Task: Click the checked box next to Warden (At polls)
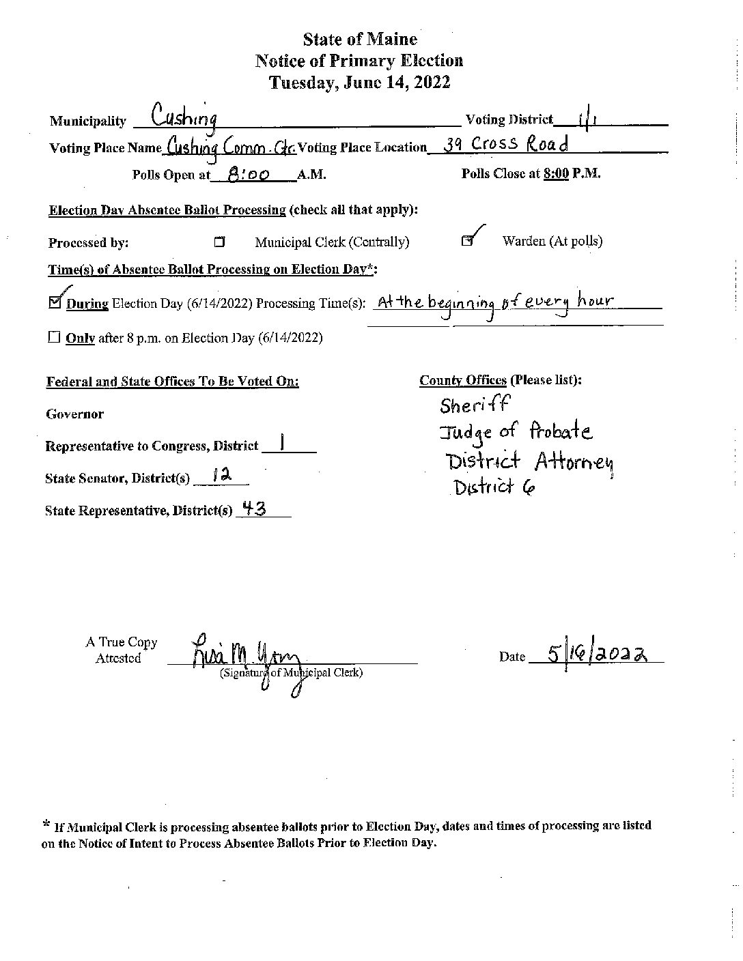[x=467, y=241]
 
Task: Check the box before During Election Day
[x=56, y=302]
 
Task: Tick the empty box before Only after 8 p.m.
[x=55, y=338]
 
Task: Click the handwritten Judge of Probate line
[x=516, y=431]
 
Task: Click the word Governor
[x=75, y=414]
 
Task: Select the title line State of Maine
[x=360, y=40]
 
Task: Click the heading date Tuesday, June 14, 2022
[x=360, y=83]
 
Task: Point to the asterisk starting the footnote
[x=46, y=825]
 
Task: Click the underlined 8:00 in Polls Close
[x=557, y=173]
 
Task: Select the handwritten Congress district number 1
[x=282, y=444]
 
